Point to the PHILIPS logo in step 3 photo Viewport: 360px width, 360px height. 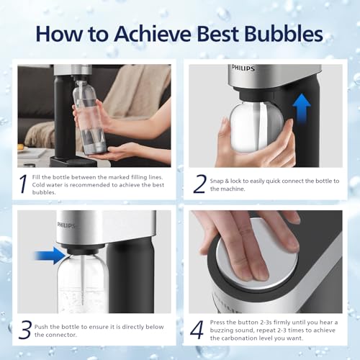pyautogui.click(x=66, y=224)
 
